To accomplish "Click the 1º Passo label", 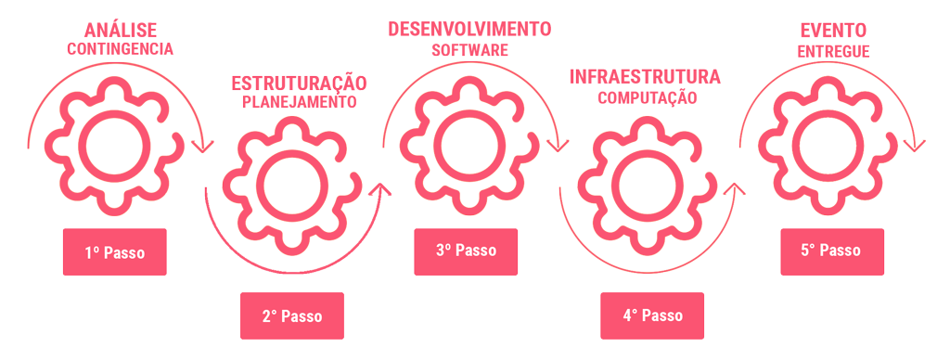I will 115,252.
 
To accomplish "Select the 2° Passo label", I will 291,316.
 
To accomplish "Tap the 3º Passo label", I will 466,251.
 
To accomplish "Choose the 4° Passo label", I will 652,315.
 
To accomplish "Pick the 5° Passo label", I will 830,251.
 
